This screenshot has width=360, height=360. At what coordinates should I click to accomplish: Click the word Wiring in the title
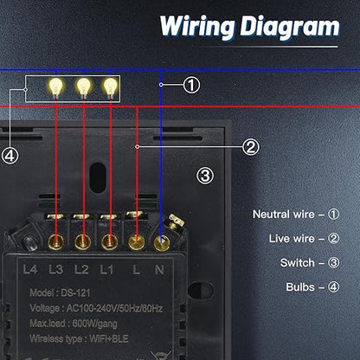pos(196,27)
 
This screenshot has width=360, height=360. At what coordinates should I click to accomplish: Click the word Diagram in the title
pos(290,27)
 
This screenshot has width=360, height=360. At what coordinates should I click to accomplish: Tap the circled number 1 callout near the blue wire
pos(191,85)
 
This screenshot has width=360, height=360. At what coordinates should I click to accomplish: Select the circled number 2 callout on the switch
pos(250,147)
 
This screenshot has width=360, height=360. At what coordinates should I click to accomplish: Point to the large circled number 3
pos(205,176)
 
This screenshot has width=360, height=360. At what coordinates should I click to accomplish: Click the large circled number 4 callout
pos(10,157)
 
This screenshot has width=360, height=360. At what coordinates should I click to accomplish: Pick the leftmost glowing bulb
pos(55,87)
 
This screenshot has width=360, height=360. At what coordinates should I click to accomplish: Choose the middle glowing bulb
pos(84,87)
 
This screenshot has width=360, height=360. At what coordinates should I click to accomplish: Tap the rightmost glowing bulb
pos(111,87)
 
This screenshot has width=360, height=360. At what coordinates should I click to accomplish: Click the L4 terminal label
pos(30,270)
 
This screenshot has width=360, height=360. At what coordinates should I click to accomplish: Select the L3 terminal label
pos(55,270)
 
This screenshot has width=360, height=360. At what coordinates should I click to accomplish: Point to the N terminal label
pos(159,270)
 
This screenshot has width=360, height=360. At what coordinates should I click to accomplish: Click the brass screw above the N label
pos(162,243)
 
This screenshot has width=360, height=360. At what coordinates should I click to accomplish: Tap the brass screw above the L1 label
pos(109,242)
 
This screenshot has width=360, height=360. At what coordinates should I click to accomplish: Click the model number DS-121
pos(75,293)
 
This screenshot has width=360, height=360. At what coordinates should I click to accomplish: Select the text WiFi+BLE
pos(109,338)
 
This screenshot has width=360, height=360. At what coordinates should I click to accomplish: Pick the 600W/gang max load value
pos(94,324)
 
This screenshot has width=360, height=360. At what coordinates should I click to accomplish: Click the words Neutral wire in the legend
pos(283,215)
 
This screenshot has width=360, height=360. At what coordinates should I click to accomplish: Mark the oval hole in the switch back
pos(98,177)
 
